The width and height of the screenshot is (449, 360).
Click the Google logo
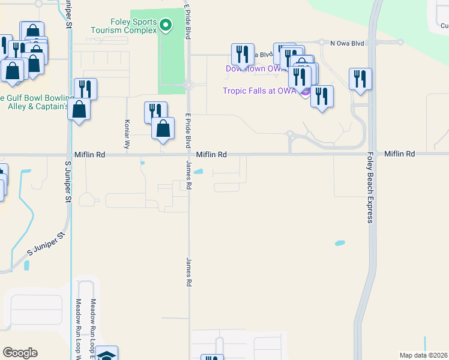pos(20,353)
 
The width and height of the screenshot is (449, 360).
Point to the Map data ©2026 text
pos(423,355)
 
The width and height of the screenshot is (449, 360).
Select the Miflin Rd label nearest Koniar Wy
pos(90,154)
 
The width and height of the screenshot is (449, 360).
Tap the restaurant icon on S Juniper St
pos(85,89)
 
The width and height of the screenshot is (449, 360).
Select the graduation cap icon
pos(106,355)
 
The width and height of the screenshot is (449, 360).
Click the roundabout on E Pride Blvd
pos(188,85)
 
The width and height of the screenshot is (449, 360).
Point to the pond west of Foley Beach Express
pos(340,244)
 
